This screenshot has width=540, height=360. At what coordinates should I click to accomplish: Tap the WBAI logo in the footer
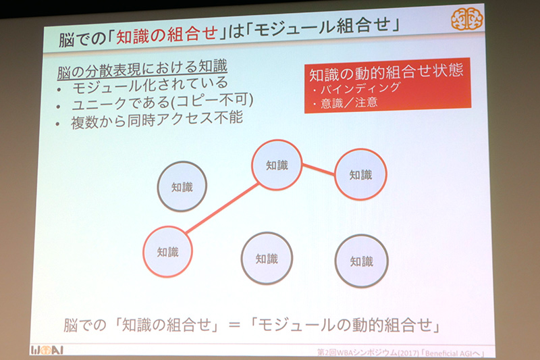[x=48, y=349]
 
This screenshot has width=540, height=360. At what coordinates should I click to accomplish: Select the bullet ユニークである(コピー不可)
[x=162, y=104]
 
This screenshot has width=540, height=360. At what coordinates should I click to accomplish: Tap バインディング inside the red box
[x=360, y=88]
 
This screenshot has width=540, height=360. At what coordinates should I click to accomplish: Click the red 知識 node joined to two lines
[x=276, y=165]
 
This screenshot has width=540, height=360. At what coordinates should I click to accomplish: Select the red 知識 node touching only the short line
[x=360, y=174]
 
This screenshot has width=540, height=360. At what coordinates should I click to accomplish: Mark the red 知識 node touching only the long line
[x=167, y=251]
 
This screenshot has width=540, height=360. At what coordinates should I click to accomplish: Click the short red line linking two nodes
[x=319, y=170]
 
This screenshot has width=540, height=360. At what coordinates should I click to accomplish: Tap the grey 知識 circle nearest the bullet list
[x=182, y=186]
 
